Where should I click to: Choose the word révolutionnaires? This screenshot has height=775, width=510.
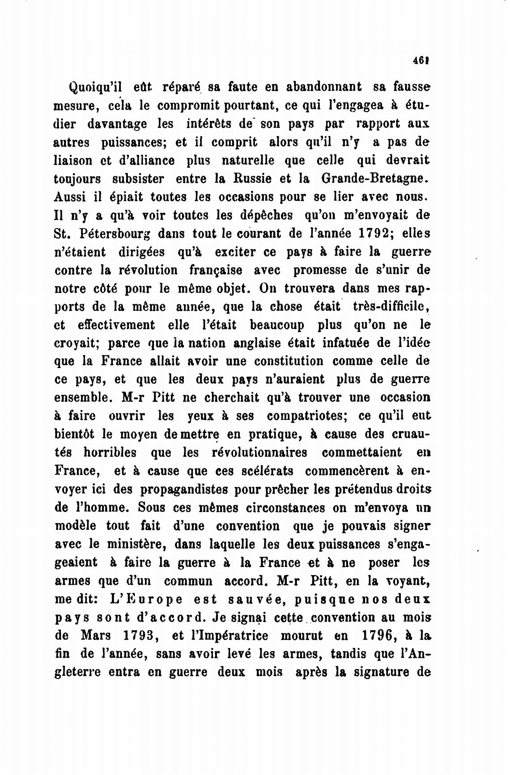(259, 453)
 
